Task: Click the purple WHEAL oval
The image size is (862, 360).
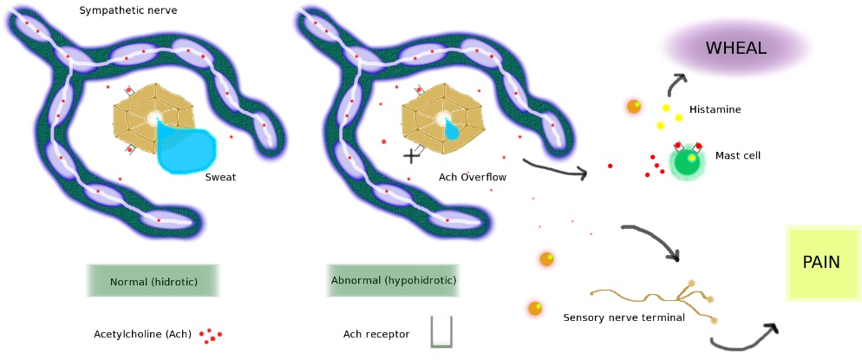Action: pos(736,49)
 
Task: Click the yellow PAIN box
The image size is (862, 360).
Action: pos(822,263)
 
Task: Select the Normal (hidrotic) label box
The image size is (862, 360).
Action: pos(153,281)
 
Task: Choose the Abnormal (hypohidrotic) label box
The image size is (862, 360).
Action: pos(394,280)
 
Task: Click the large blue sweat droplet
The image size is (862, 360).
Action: pos(186,147)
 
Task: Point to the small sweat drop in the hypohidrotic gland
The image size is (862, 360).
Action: pos(452,130)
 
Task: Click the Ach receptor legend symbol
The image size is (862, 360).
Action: pos(441,331)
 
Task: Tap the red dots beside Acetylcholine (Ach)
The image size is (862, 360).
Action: pos(211,335)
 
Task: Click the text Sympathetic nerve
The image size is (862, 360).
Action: pos(128,10)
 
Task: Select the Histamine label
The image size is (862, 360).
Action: pos(715,109)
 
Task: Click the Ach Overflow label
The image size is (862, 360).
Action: pos(473,177)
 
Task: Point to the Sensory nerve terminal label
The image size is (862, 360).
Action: pos(624,317)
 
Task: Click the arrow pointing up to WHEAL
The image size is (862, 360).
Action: pos(674,84)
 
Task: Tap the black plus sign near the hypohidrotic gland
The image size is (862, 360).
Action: pos(411,156)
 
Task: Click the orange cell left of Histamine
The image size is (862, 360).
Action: pos(634,107)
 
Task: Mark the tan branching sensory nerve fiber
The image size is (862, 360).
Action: pos(654,298)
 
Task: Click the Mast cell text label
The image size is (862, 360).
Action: pos(738,155)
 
